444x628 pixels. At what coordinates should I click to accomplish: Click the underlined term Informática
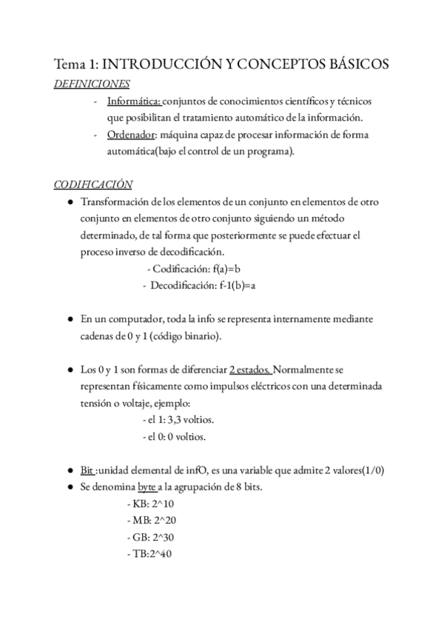[x=133, y=101]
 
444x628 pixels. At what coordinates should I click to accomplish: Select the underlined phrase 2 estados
[x=250, y=370]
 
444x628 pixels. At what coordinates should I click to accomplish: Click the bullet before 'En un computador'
[x=69, y=319]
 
